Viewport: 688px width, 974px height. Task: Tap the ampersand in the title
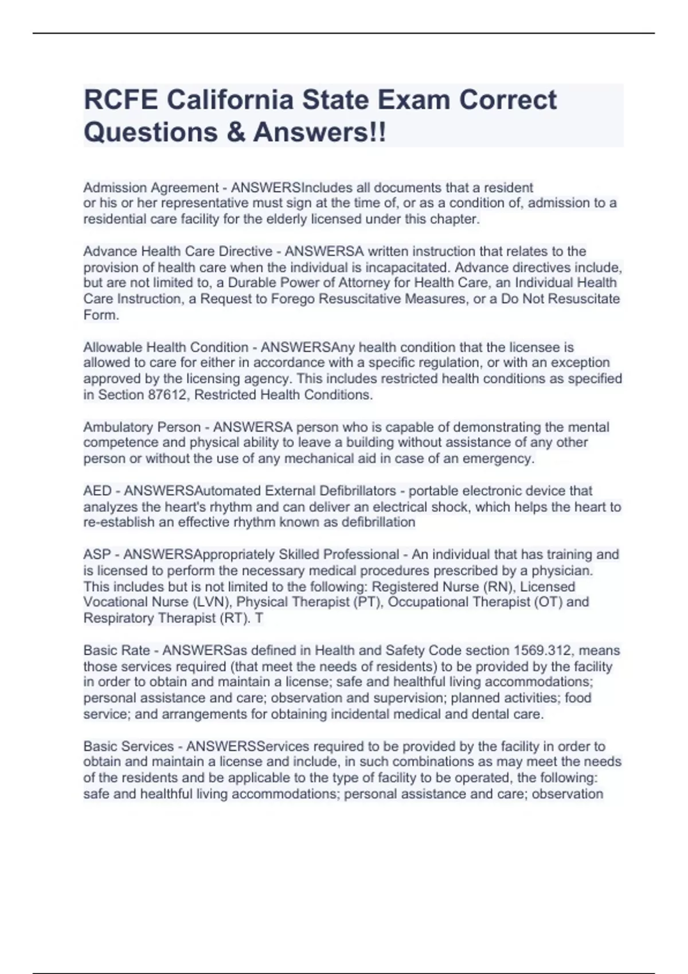236,132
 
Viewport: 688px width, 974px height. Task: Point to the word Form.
101,315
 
